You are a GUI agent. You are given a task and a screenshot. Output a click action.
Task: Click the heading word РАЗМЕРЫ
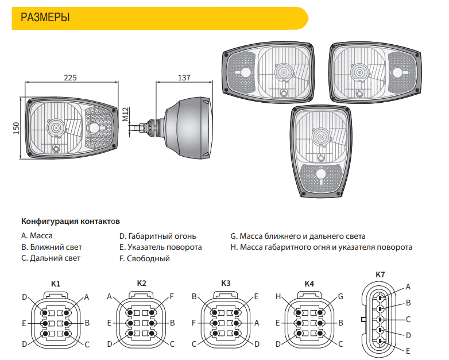point(45,18)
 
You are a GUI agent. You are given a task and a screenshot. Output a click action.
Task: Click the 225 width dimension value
point(71,78)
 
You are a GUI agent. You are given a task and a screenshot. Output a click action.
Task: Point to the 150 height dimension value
point(16,127)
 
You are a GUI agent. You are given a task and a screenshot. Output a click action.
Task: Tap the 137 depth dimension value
point(184,78)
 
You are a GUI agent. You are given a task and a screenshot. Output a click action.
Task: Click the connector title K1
point(56,284)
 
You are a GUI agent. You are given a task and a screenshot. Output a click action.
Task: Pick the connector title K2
point(142,283)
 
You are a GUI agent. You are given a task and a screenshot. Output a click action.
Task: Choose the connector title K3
point(226,283)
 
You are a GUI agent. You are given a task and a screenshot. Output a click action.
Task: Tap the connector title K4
point(309,283)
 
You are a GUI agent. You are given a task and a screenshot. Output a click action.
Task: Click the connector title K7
point(380,274)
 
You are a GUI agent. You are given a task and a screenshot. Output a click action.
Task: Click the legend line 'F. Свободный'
point(145,259)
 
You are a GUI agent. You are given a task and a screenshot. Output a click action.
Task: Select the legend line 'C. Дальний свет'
point(51,258)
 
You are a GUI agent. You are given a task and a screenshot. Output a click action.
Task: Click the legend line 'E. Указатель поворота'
point(160,247)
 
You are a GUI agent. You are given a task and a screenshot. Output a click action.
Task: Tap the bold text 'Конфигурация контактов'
point(71,220)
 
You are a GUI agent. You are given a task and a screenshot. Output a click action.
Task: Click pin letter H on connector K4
point(278,296)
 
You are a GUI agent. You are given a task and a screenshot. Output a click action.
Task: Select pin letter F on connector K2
point(172,296)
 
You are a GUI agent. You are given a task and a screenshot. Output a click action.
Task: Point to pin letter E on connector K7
point(408,350)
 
